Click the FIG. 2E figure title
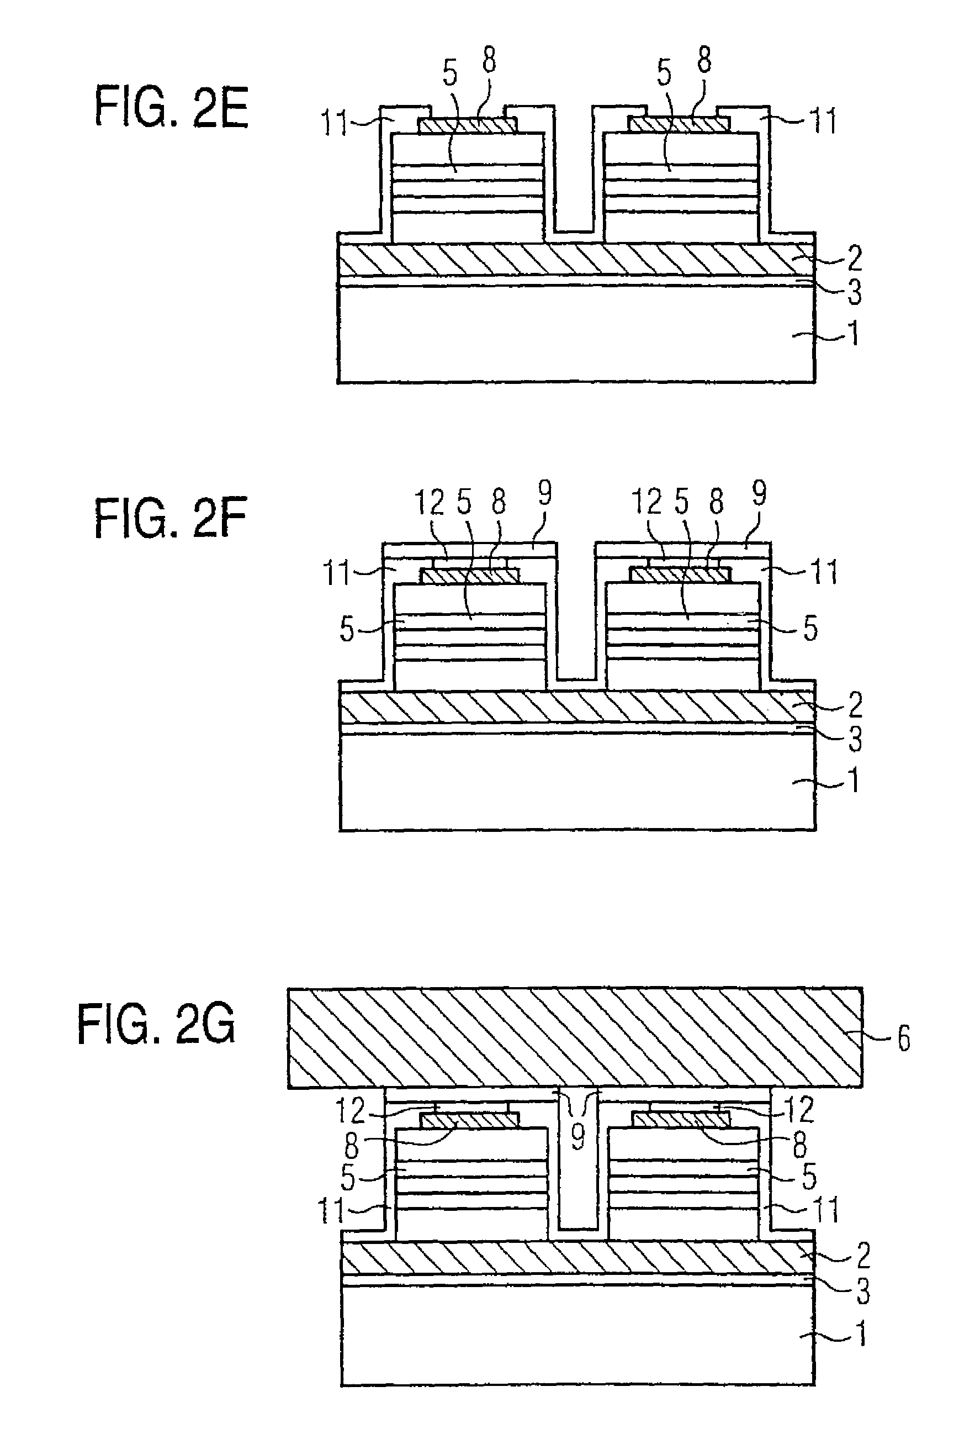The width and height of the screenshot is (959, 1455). coord(171,108)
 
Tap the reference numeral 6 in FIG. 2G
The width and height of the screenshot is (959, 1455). coord(903,1038)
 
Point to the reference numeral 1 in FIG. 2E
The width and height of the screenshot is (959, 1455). coord(853,334)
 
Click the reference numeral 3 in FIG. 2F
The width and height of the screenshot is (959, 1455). coord(855,739)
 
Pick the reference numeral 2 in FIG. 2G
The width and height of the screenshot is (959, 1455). coord(862,1255)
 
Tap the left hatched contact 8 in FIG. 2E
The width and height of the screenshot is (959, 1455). coord(468,125)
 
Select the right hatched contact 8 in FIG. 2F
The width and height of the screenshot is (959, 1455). coord(681,575)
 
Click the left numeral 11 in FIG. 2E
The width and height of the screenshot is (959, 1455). coord(335,124)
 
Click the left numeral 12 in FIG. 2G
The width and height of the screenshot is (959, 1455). coord(351,1110)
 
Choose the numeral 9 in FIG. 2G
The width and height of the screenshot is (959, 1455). coord(577,1136)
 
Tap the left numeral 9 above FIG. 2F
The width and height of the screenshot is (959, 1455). coord(544,493)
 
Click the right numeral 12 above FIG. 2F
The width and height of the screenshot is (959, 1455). coord(647,503)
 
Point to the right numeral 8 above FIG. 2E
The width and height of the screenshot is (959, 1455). coord(704,61)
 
